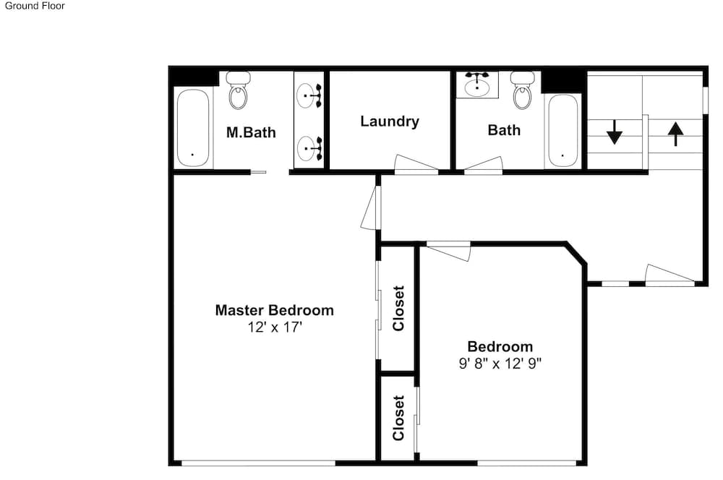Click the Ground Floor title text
click(35, 6)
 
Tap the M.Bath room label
click(251, 132)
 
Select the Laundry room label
click(390, 121)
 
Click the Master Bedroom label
click(274, 310)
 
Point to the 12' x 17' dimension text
click(275, 327)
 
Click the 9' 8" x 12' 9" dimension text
click(500, 364)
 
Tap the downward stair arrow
click(614, 132)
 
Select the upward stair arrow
click(675, 134)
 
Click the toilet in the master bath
click(239, 90)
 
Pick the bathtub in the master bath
click(193, 128)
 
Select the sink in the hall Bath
click(477, 86)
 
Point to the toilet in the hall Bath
click(523, 90)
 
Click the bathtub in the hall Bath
click(562, 131)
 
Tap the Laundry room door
click(416, 164)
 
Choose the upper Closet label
click(398, 308)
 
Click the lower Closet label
click(398, 418)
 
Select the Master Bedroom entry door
click(371, 207)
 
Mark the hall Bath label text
click(504, 130)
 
